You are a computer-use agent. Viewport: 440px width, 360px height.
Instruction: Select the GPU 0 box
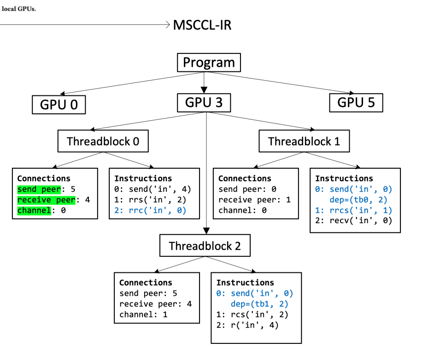click(x=59, y=105)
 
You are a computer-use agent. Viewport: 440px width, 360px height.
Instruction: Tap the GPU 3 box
click(x=204, y=102)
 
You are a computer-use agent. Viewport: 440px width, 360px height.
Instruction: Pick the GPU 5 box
click(x=356, y=102)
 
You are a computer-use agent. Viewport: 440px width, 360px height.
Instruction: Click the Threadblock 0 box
click(x=103, y=141)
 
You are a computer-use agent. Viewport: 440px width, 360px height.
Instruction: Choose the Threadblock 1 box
click(x=304, y=141)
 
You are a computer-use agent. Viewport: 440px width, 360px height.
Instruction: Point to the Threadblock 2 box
click(x=205, y=246)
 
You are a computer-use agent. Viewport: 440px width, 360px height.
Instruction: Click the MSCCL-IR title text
click(x=202, y=25)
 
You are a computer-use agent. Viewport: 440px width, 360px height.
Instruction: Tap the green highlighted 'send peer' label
click(x=39, y=189)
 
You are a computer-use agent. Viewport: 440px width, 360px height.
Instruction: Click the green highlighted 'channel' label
click(x=34, y=210)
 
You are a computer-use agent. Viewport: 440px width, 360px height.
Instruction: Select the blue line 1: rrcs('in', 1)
click(x=353, y=210)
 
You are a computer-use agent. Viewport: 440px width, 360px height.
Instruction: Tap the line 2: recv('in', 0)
click(x=353, y=221)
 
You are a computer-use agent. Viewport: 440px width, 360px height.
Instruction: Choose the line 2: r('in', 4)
click(x=247, y=325)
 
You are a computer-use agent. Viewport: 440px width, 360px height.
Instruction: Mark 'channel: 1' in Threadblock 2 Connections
click(x=142, y=314)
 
